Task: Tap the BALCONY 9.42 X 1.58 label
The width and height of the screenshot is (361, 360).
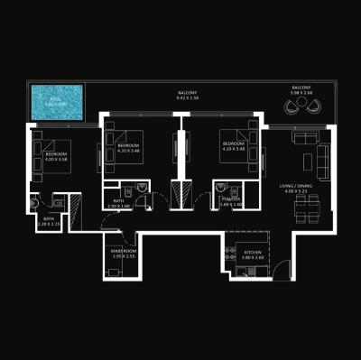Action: [x=188, y=97]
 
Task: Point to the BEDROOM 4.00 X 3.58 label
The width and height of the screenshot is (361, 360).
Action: [x=59, y=157]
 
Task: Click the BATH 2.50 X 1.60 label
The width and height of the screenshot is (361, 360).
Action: [x=118, y=203]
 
